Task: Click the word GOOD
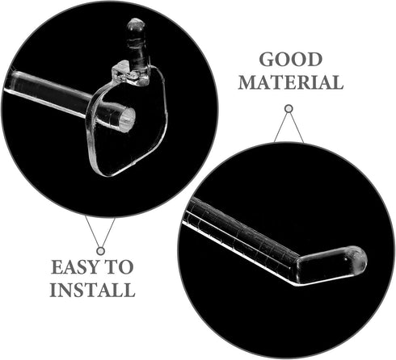tap(292, 59)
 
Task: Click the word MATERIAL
tap(291, 82)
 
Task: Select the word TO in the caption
tap(119, 267)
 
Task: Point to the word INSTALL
tap(92, 290)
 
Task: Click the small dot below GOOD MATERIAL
tap(289, 109)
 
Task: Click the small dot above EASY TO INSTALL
tap(101, 251)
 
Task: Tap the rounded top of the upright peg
tap(136, 24)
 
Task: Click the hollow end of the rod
tap(127, 119)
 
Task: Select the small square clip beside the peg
tap(120, 71)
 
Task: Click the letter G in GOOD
tap(267, 60)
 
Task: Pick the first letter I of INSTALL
tap(54, 290)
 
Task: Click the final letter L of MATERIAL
tap(338, 82)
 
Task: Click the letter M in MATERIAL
tap(246, 82)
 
